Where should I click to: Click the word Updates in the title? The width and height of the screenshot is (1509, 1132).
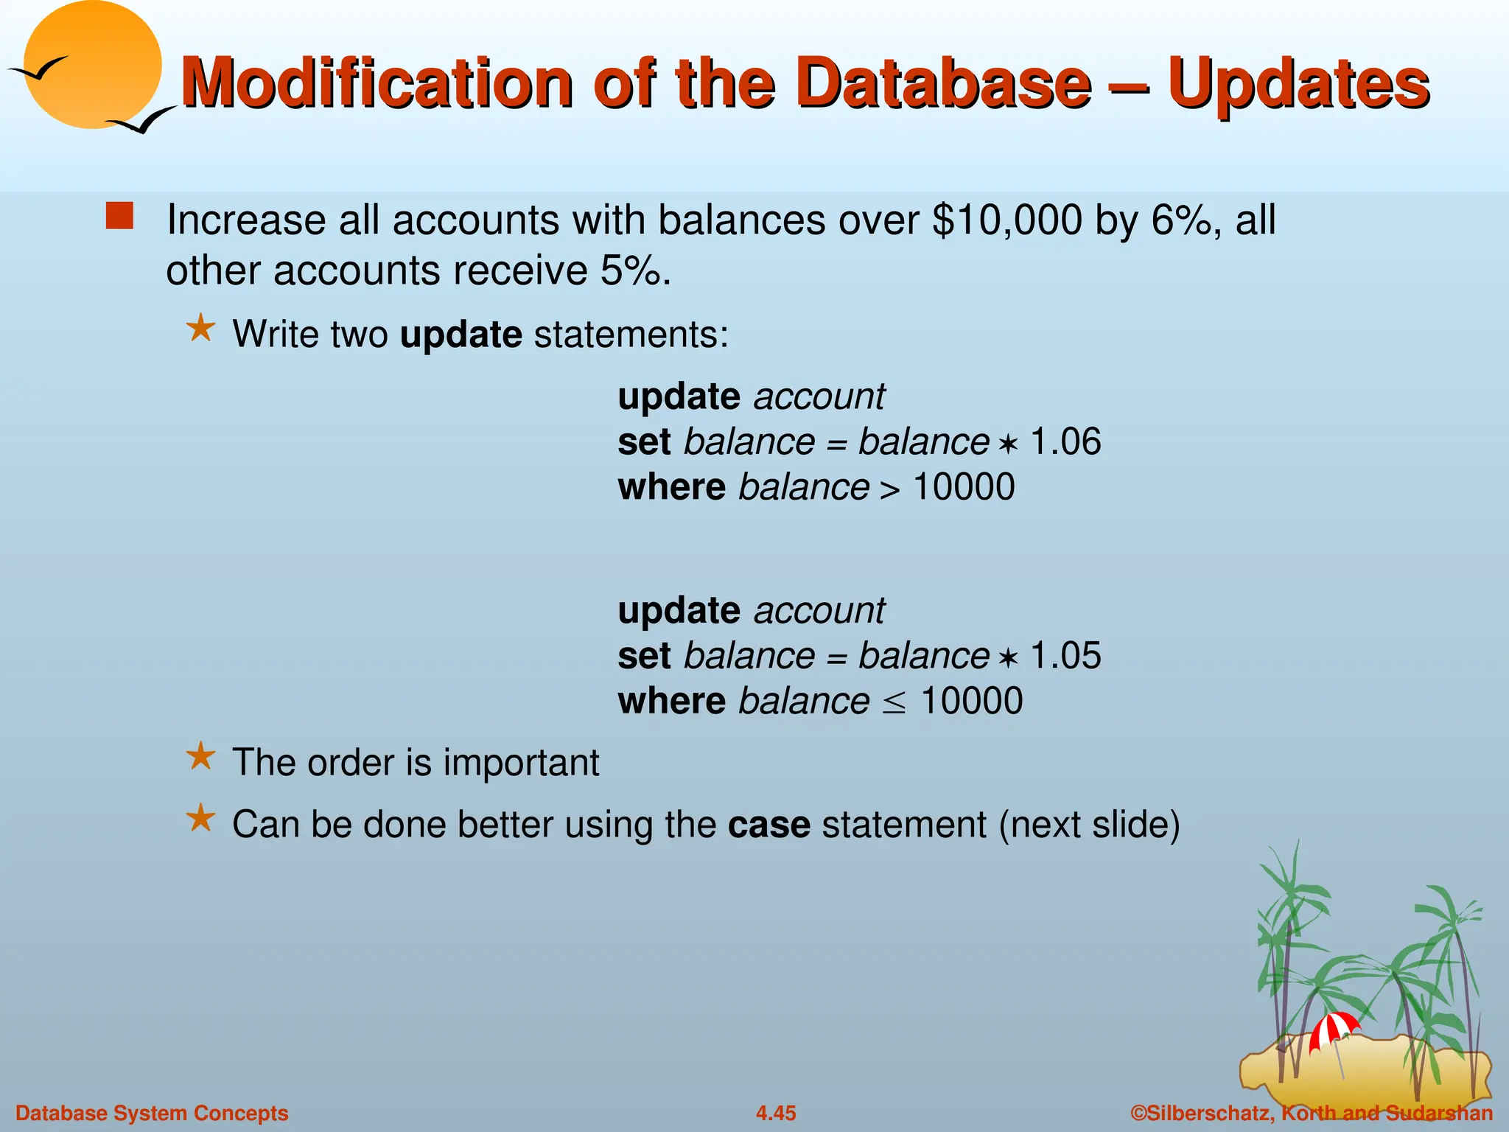click(x=1298, y=83)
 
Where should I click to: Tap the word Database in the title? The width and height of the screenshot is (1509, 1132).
click(x=943, y=83)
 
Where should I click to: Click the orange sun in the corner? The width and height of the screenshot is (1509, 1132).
click(x=93, y=65)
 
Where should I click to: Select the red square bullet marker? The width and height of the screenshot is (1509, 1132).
click(x=119, y=217)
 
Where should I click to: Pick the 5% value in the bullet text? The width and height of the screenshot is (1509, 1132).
click(x=631, y=270)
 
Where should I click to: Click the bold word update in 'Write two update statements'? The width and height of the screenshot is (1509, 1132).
click(x=461, y=335)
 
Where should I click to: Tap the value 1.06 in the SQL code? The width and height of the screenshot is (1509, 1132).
click(x=1065, y=442)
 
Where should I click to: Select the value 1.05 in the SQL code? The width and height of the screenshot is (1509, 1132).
click(x=1065, y=656)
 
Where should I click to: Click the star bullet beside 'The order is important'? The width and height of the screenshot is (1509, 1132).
click(x=200, y=757)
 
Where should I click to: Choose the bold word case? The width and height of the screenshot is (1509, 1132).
click(x=768, y=825)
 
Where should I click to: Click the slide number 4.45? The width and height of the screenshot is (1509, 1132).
click(x=775, y=1113)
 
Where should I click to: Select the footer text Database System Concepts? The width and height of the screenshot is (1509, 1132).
click(x=152, y=1113)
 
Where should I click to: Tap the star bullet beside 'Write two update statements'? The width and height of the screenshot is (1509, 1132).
click(x=200, y=329)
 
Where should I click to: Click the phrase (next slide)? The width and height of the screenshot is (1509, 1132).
click(x=1089, y=825)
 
